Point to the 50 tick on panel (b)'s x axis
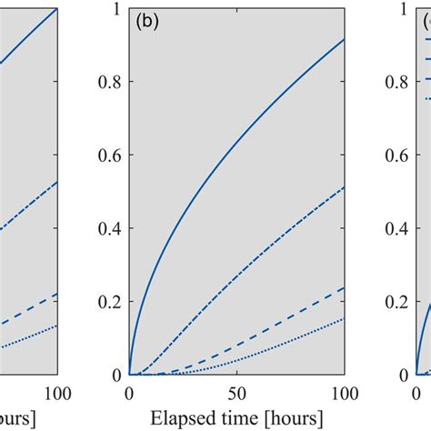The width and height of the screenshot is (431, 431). click(x=236, y=391)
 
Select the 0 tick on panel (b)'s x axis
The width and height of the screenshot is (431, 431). click(x=129, y=391)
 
